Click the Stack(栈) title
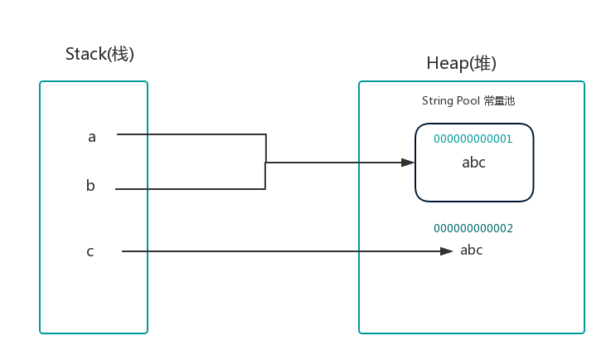99,54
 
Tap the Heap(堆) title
462,63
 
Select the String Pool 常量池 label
468,101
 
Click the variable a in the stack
92,138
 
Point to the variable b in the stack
90,185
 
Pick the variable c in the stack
90,251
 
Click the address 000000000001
473,139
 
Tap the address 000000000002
473,228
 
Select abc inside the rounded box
474,163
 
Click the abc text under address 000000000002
472,250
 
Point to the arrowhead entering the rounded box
408,163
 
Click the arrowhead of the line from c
447,251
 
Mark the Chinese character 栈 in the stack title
119,54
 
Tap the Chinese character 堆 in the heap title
482,63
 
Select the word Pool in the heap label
468,100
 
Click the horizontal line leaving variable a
192,134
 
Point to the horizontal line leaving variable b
190,189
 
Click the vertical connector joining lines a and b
266,162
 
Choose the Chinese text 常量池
500,101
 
